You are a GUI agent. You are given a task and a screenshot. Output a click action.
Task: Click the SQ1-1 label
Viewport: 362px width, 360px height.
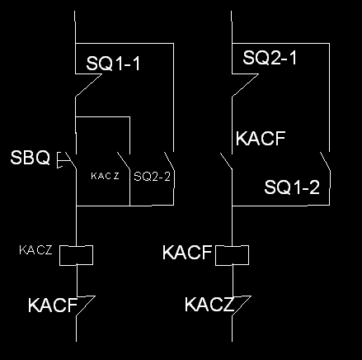coord(113,64)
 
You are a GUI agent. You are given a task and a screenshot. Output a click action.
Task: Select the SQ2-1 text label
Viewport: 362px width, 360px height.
coord(270,58)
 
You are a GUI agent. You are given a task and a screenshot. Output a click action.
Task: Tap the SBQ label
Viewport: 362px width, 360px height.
coord(31,158)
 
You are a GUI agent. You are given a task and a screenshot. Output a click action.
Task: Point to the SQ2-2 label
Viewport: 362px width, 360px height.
coord(152,176)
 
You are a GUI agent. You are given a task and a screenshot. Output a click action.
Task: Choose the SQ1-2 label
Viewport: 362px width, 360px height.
coord(292,187)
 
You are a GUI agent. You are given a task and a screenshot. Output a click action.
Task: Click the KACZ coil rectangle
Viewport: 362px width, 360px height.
coord(77,255)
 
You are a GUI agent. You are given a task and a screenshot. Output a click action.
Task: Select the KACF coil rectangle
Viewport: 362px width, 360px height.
coord(233,255)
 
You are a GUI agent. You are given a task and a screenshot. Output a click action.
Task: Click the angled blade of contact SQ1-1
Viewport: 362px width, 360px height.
coord(89,85)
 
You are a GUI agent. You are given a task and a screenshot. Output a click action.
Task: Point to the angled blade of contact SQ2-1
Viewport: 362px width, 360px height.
coord(246,85)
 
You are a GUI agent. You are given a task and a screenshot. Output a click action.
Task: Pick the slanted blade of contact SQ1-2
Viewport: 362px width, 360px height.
coord(325,161)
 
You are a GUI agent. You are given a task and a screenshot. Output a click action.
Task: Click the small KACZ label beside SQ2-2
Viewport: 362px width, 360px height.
coord(105,176)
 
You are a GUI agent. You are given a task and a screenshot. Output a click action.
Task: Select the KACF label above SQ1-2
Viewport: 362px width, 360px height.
coord(261,139)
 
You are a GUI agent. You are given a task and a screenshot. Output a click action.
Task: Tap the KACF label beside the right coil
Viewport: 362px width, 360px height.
coord(187,253)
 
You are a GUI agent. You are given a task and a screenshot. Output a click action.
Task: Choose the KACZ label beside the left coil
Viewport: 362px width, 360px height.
coord(35,250)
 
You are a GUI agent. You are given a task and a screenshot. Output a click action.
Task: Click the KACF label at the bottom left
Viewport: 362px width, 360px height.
coord(53,305)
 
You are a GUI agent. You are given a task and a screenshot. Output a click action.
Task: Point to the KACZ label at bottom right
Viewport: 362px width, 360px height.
coord(209,305)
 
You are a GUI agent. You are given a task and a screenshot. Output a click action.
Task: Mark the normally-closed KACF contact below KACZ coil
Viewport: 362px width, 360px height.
coord(86,306)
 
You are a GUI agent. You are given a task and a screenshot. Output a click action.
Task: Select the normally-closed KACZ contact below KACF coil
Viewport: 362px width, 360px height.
coord(242,306)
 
